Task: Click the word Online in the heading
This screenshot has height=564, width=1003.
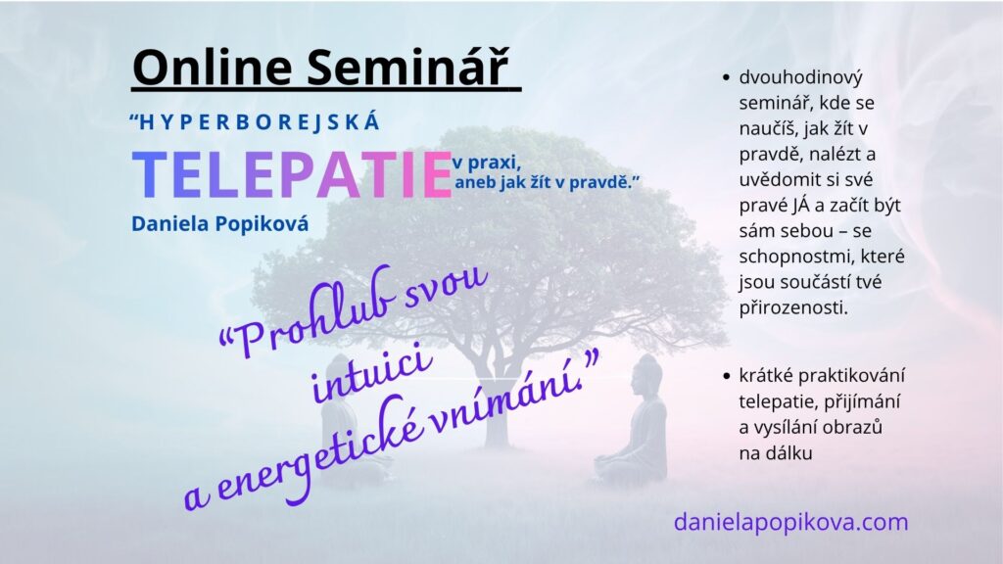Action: click(213, 67)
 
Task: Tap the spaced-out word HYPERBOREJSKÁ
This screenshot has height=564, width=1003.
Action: click(260, 122)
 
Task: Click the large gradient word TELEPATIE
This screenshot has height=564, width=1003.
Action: click(292, 175)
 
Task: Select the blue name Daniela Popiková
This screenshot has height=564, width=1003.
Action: click(220, 224)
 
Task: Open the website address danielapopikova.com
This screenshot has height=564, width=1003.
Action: click(790, 522)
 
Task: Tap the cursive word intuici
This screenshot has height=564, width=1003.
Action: click(371, 374)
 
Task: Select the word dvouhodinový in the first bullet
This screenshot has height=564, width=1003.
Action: click(801, 77)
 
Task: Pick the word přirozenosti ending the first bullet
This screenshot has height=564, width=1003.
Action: click(793, 308)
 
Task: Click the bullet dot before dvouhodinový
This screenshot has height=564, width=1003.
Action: click(726, 78)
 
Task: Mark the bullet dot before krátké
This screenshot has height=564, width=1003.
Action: click(726, 376)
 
